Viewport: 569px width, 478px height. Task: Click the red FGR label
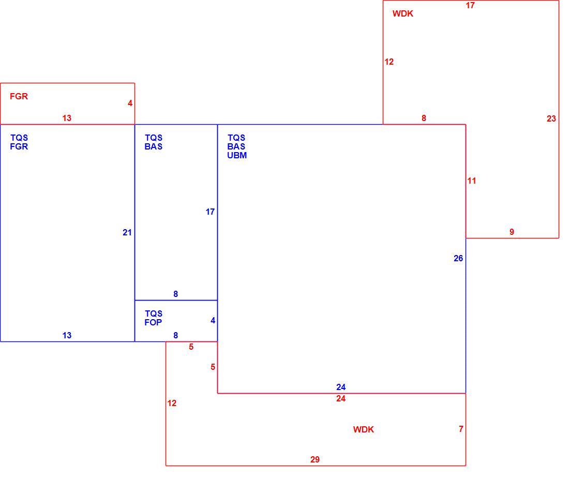[19, 96]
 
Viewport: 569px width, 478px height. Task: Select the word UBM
[237, 155]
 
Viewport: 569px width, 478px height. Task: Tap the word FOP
[153, 322]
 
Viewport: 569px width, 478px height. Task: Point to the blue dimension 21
[127, 232]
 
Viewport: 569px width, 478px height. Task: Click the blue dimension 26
[458, 258]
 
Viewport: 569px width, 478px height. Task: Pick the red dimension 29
[315, 459]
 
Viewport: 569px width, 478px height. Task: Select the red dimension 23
[551, 118]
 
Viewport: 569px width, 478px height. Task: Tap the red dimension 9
[512, 232]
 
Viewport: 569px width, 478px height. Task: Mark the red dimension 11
[471, 181]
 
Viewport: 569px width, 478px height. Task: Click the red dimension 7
[461, 429]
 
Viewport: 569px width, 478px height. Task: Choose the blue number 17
[210, 212]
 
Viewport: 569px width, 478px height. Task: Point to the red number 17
[470, 5]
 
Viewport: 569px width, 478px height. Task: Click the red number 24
[341, 398]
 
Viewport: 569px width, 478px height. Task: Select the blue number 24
[341, 387]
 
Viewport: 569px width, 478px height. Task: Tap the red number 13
[67, 118]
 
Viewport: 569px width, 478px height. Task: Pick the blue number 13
[67, 335]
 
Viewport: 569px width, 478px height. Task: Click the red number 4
[130, 103]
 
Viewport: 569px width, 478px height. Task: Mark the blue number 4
[213, 320]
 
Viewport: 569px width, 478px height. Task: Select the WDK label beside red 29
[363, 429]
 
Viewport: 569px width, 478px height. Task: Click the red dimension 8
[424, 118]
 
